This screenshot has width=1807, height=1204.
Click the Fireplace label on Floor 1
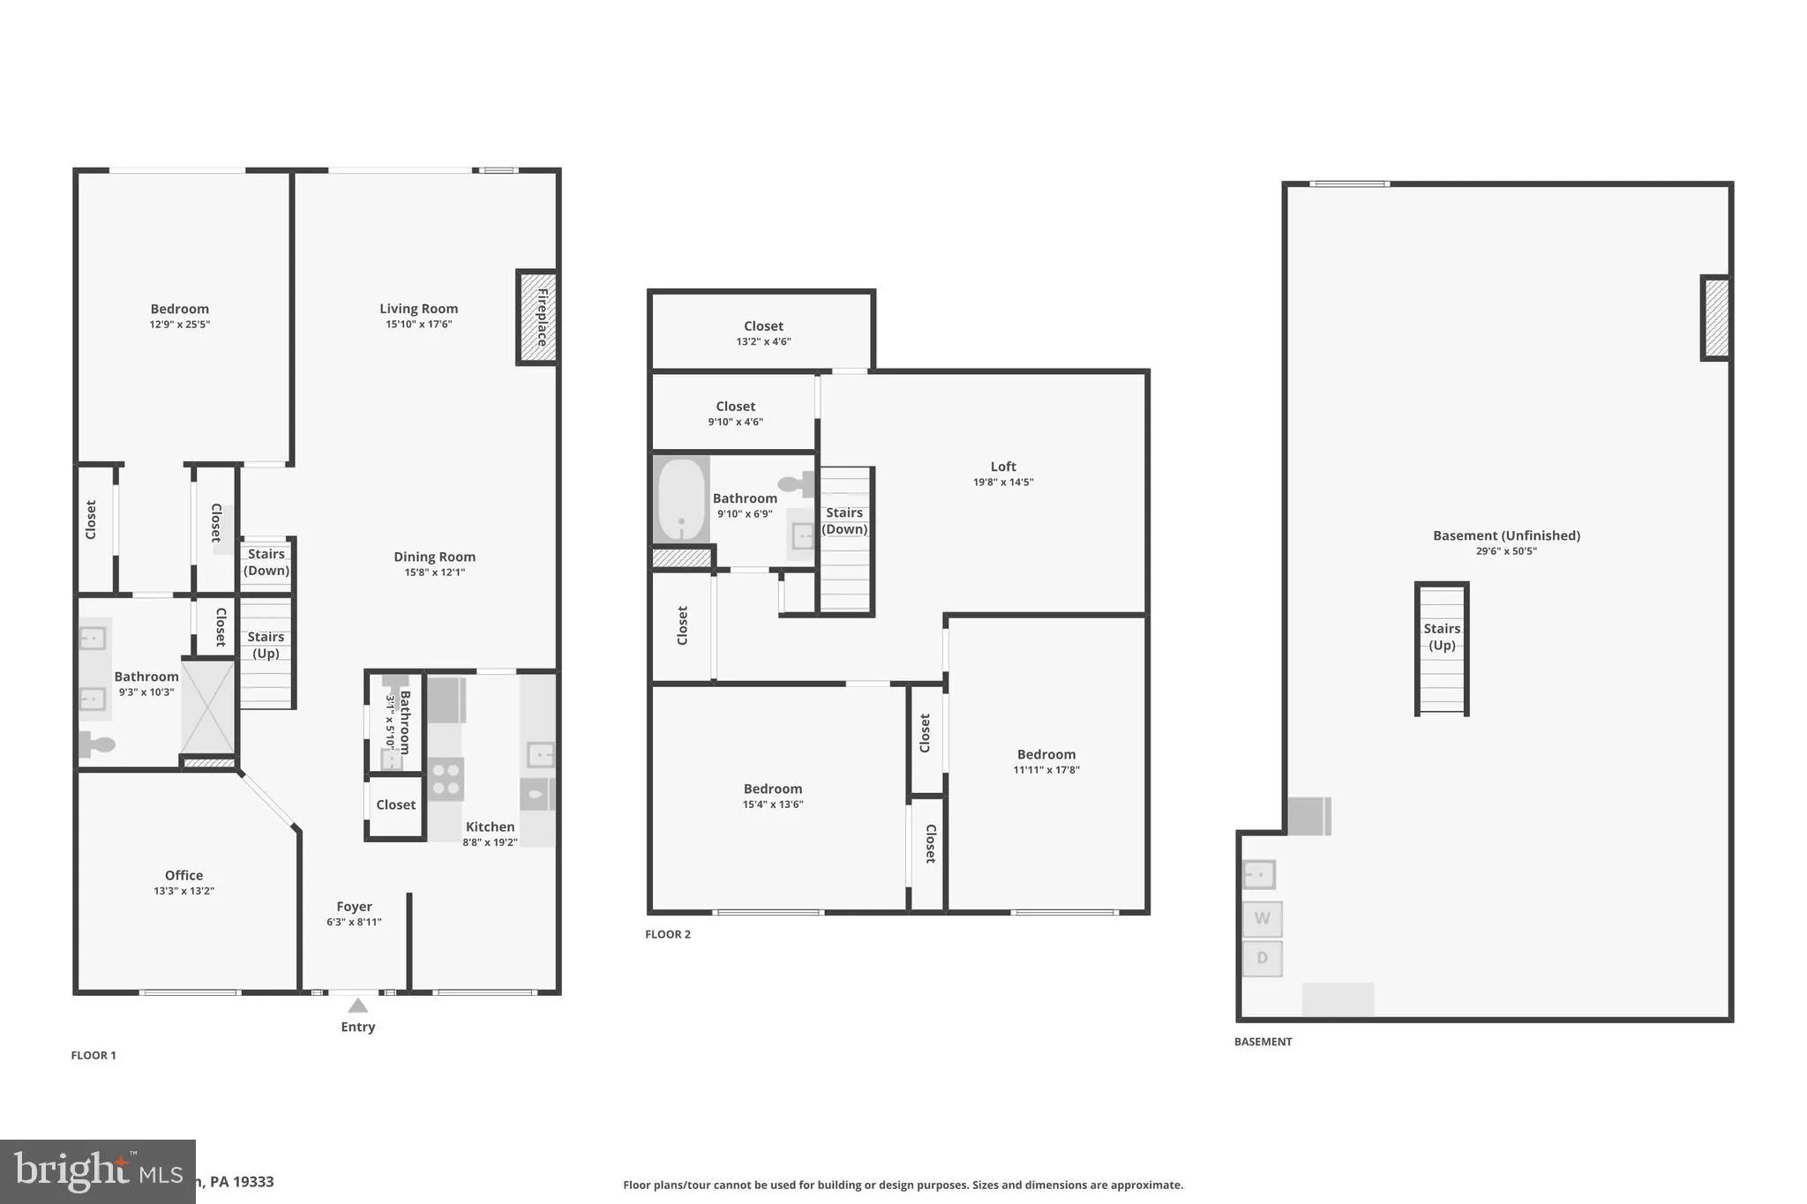[542, 317]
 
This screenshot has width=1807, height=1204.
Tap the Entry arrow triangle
[357, 1006]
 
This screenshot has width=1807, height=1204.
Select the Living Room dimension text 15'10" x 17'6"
[418, 325]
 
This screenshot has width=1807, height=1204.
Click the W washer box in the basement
[1262, 919]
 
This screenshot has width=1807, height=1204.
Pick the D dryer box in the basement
[1262, 959]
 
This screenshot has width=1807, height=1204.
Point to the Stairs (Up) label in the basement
[1442, 637]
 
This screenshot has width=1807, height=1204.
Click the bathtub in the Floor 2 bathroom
[681, 500]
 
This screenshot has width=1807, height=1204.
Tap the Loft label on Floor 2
[1003, 467]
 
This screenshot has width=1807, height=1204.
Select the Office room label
[184, 875]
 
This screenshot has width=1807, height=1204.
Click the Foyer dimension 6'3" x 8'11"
[354, 923]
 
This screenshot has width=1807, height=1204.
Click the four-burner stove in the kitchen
[446, 779]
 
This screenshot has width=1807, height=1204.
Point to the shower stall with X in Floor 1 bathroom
[208, 707]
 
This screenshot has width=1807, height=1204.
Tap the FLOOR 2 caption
[668, 934]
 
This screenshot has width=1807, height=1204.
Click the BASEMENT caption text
[1263, 1042]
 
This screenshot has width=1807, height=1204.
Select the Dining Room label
[434, 557]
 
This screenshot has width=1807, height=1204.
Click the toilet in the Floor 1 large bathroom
[96, 744]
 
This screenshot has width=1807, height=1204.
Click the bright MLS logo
[97, 1171]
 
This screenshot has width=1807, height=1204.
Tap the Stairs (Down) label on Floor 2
[844, 520]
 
